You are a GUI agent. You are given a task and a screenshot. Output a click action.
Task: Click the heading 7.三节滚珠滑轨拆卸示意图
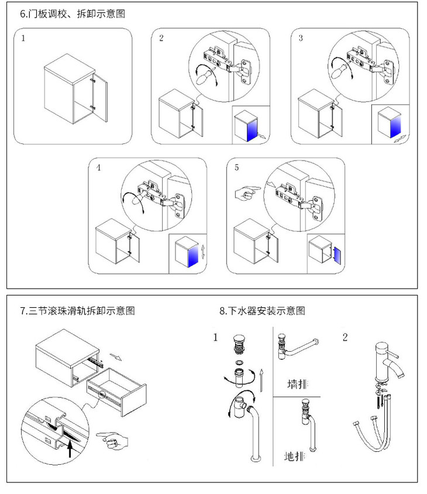78,311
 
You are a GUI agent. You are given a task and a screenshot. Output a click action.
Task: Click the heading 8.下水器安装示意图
262,311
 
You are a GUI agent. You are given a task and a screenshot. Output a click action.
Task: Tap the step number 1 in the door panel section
23,39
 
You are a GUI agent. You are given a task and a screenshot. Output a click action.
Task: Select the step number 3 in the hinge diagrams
301,39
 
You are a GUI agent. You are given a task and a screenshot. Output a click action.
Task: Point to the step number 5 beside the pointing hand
236,168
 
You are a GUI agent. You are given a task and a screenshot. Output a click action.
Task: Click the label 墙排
297,384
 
